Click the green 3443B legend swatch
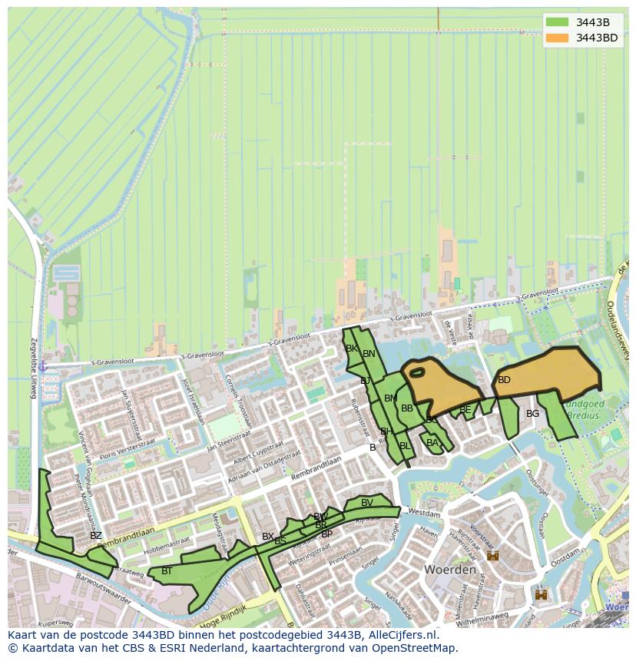(558, 22)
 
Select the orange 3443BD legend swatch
(558, 38)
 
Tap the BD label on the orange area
(504, 380)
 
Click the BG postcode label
(532, 414)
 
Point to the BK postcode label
(352, 349)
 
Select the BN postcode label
(369, 354)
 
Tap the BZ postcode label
(95, 536)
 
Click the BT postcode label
(167, 571)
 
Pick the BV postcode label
(367, 503)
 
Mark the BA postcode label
(432, 443)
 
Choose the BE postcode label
(465, 410)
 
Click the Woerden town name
(449, 570)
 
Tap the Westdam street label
(425, 511)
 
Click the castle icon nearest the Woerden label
(492, 555)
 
